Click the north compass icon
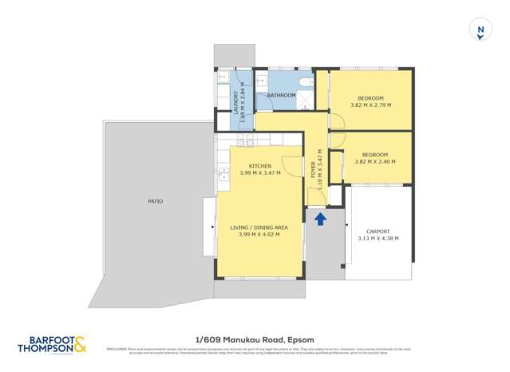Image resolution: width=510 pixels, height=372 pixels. pos(480,30)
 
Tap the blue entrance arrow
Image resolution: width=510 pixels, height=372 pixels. pos(320,218)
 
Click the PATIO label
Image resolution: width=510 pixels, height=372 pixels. pos(155,201)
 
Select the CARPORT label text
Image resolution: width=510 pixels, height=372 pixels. pos(378,231)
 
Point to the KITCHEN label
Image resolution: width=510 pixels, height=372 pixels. pos(259,166)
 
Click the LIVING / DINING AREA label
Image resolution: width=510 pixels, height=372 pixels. pos(259,228)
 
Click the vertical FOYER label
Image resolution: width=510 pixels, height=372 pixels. pos(313,170)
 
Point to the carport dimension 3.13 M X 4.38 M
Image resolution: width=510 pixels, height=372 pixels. pos(378,238)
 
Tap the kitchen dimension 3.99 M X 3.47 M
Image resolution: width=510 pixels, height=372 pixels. pos(259,173)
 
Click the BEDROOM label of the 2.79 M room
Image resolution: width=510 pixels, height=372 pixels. pos(370,97)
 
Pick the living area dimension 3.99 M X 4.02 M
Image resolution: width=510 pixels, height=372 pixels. pos(259,235)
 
